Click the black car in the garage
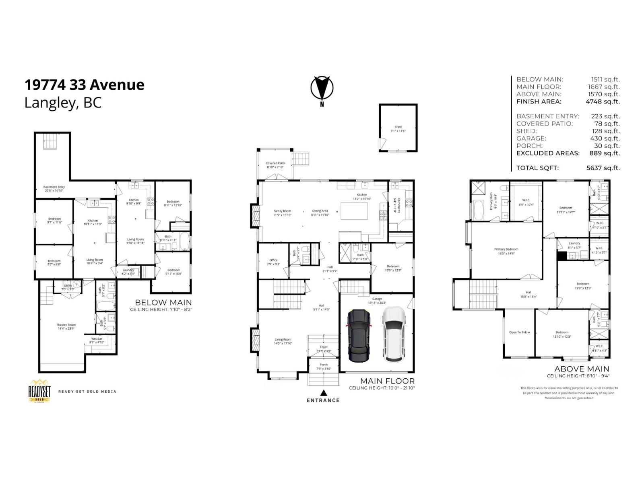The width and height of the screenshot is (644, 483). point(359,335)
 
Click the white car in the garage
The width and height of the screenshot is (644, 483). point(393,334)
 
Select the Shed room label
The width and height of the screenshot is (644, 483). point(398,128)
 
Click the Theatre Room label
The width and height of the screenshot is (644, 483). point(66,326)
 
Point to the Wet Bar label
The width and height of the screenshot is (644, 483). point(97,341)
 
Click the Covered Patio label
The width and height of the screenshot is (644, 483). point(275,165)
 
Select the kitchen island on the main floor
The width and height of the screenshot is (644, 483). point(354,211)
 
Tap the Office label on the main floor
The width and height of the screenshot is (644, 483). point(274,262)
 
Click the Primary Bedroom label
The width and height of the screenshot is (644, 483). point(506,251)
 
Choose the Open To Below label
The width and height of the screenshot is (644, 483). point(519,332)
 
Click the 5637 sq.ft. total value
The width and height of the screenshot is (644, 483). point(603,168)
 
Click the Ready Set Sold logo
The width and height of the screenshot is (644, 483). point(39,390)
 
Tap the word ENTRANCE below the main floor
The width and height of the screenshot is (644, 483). point(323,400)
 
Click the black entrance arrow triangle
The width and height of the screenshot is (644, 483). point(323,392)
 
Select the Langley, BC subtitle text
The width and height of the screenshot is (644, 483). point(63,103)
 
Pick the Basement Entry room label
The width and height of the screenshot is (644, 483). point(54,188)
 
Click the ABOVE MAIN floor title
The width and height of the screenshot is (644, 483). point(582,369)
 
